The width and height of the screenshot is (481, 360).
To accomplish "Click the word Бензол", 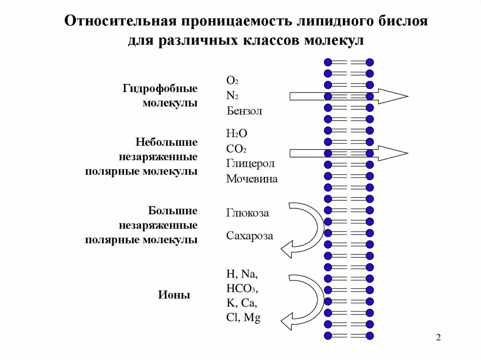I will click(x=244, y=111).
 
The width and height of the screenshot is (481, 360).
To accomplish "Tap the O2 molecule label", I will click(x=233, y=80).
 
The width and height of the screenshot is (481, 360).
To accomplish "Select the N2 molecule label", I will click(x=233, y=96).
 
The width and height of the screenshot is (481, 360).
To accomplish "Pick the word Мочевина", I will click(x=252, y=179).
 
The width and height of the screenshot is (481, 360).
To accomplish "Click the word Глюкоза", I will click(x=248, y=213).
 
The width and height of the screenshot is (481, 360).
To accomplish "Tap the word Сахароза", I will click(x=249, y=236).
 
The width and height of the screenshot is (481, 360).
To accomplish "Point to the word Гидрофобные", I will click(x=160, y=88).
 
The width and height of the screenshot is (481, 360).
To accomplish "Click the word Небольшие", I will click(x=167, y=141).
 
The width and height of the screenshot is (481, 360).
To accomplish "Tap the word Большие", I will click(x=173, y=210).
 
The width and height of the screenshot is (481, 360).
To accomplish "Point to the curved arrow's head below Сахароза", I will click(x=288, y=248).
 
